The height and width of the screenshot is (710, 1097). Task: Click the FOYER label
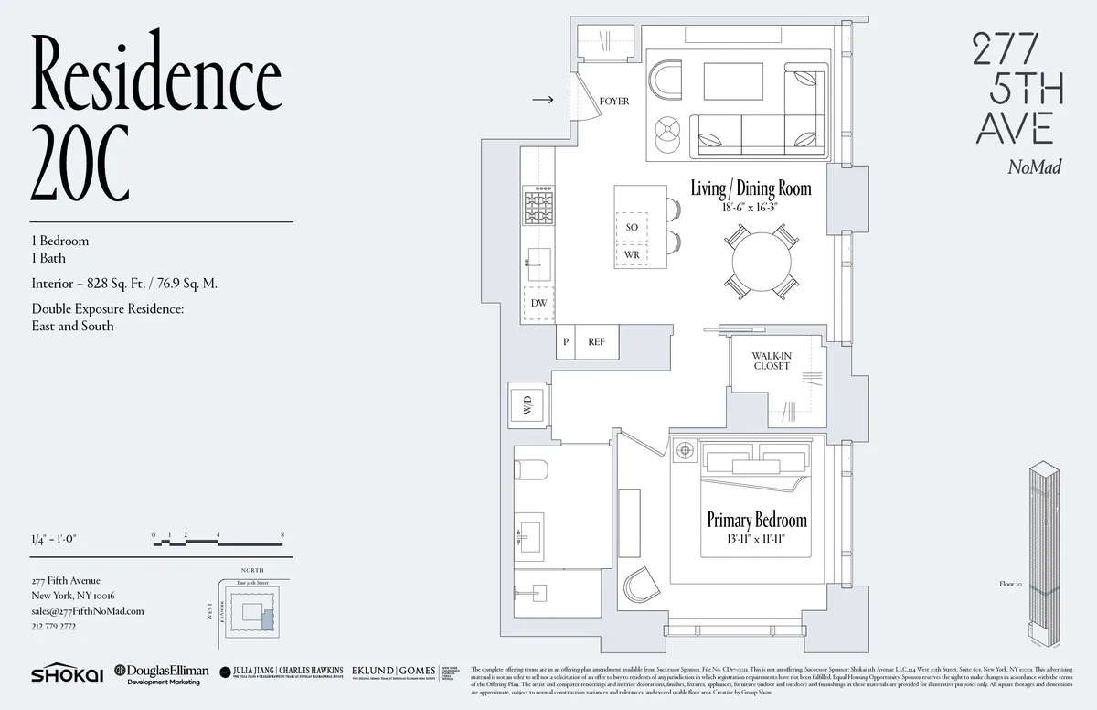pyautogui.click(x=614, y=102)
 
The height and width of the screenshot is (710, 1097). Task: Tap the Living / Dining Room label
pyautogui.click(x=751, y=189)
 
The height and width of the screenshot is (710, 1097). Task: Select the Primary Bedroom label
pyautogui.click(x=757, y=521)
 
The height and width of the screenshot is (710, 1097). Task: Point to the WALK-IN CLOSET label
pyautogui.click(x=772, y=360)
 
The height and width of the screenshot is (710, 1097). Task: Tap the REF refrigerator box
pyautogui.click(x=596, y=342)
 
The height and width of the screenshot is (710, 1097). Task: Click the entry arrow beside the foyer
pyautogui.click(x=542, y=100)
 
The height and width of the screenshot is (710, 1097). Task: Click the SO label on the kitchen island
pyautogui.click(x=632, y=227)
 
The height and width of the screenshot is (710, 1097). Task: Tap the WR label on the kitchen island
pyautogui.click(x=632, y=254)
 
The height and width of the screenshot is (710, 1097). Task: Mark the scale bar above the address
pyautogui.click(x=219, y=540)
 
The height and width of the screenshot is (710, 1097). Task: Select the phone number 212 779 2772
pyautogui.click(x=54, y=627)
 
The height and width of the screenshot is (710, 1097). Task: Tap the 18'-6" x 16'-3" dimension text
pyautogui.click(x=751, y=208)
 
